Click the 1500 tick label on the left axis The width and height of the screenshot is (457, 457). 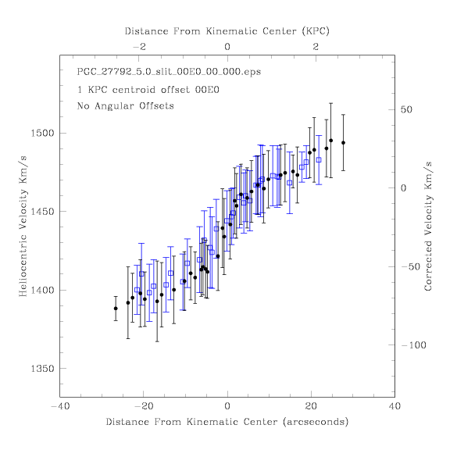click(x=42, y=134)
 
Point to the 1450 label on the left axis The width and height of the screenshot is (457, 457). click(x=42, y=212)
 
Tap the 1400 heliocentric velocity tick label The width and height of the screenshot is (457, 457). click(x=42, y=290)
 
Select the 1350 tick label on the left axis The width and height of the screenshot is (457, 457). click(x=42, y=369)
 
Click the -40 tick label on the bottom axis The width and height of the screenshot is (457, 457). click(x=60, y=406)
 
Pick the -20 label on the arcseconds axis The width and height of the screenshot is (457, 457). click(x=144, y=406)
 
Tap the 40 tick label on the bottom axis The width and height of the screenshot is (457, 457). click(x=395, y=406)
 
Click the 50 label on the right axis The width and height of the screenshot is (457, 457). click(x=406, y=109)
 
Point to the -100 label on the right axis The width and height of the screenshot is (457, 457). click(x=413, y=345)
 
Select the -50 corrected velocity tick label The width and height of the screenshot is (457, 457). click(x=410, y=266)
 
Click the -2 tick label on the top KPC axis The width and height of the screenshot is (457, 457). click(x=139, y=47)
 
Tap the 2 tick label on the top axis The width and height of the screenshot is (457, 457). click(x=316, y=47)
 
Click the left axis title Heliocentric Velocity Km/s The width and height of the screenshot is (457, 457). click(x=23, y=227)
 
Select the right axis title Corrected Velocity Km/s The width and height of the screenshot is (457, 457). click(x=428, y=227)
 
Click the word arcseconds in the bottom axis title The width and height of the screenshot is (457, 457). click(x=316, y=422)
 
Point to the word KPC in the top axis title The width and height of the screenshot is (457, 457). click(x=316, y=31)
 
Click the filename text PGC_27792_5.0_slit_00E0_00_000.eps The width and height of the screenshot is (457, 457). click(x=169, y=72)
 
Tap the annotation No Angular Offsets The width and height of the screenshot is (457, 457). click(x=125, y=105)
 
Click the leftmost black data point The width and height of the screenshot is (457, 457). click(x=116, y=309)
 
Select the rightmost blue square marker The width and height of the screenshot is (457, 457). click(x=319, y=159)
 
